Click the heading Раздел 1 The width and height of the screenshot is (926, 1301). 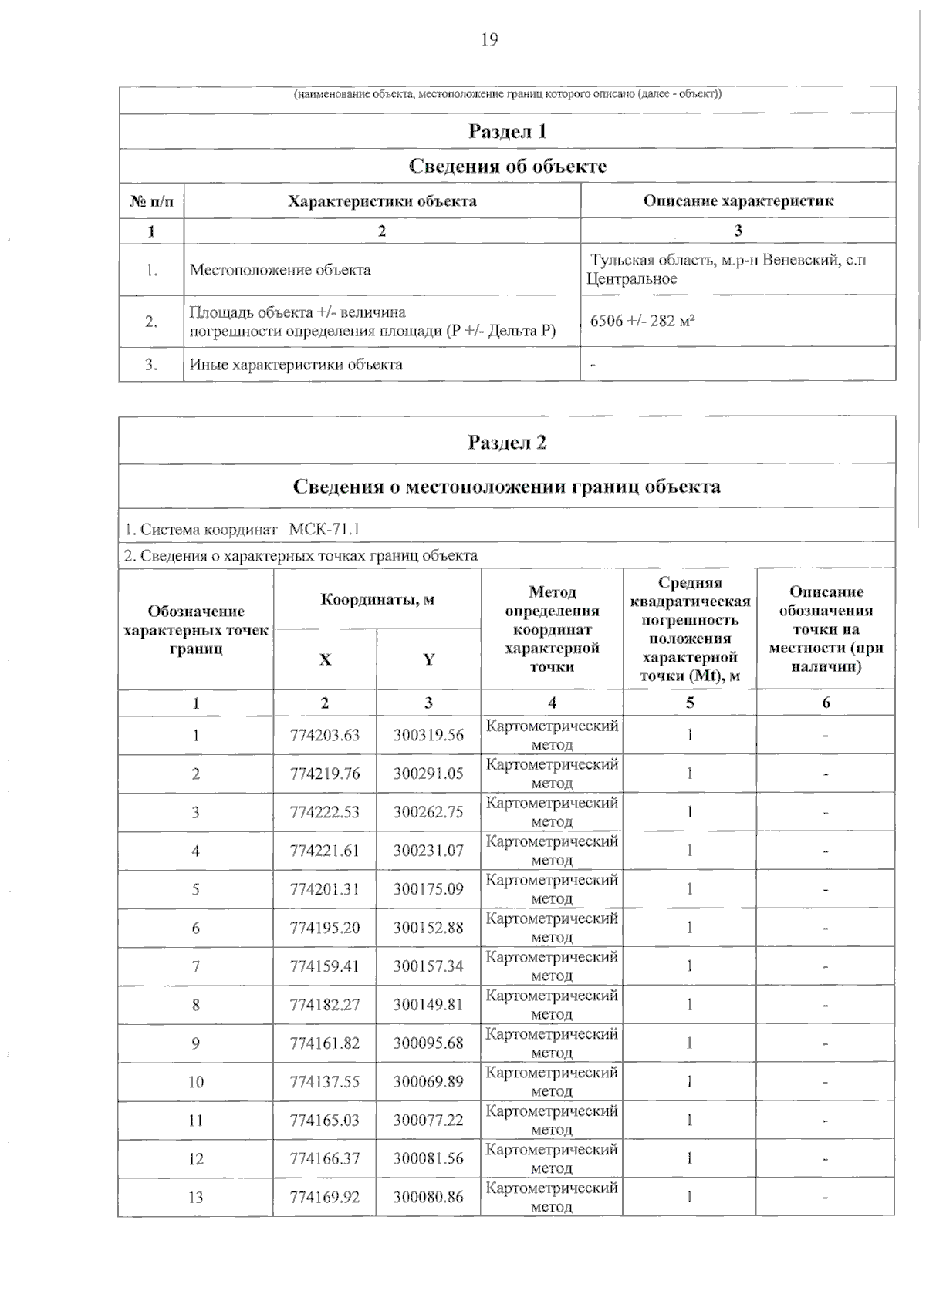(x=507, y=131)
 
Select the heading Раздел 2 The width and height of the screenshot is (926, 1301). (x=507, y=442)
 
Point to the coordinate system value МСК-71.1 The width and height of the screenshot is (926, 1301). (x=324, y=530)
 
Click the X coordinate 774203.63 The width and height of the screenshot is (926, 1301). (x=325, y=735)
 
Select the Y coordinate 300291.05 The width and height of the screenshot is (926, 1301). (x=428, y=774)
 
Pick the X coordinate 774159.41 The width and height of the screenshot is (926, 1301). (x=325, y=966)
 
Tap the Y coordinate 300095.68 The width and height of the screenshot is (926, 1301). (x=428, y=1043)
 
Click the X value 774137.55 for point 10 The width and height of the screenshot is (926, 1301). (x=325, y=1082)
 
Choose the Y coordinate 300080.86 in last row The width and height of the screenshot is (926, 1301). (x=428, y=1198)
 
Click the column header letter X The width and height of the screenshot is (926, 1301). (x=325, y=659)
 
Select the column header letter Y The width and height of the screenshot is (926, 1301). (x=428, y=659)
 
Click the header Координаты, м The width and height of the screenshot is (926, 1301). (x=377, y=599)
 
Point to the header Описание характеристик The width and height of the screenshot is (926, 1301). (x=738, y=201)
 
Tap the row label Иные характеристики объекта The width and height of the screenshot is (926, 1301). (x=296, y=365)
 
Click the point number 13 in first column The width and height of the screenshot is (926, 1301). (x=196, y=1198)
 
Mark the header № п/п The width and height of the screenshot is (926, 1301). (x=151, y=201)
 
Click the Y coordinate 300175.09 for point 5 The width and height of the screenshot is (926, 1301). (x=428, y=889)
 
